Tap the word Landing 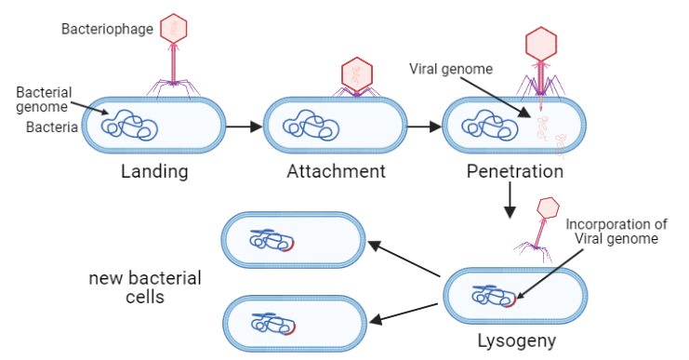click(x=154, y=171)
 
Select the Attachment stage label click(x=336, y=171)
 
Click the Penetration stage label click(x=514, y=171)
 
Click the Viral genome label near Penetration click(x=451, y=69)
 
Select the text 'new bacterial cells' click(x=145, y=288)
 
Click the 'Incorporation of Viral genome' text click(x=616, y=231)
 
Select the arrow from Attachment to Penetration click(x=423, y=126)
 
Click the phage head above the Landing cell click(x=173, y=27)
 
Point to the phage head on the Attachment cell click(x=356, y=72)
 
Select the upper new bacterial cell click(x=294, y=240)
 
